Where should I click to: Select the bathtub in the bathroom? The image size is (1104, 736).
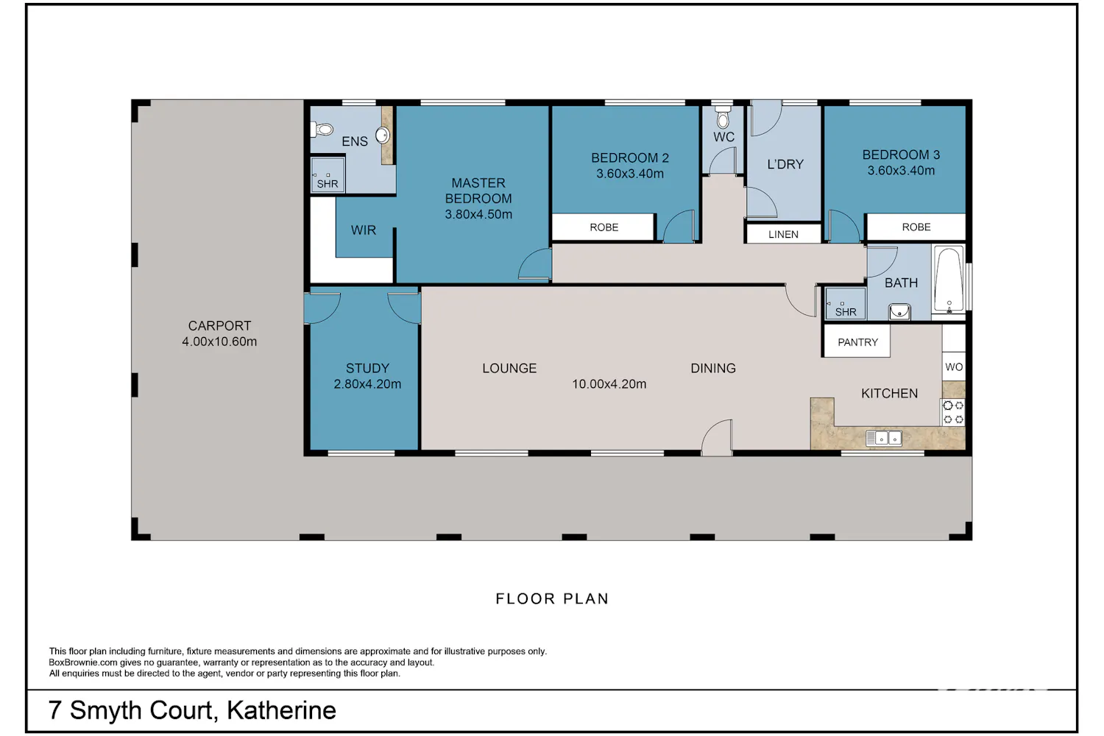click(949, 280)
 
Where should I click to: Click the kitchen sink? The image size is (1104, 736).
click(884, 438)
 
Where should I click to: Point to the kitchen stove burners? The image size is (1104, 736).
click(953, 413)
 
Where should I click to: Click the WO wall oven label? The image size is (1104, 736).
click(954, 367)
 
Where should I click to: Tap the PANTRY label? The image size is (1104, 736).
click(857, 342)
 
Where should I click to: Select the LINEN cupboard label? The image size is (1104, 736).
click(783, 234)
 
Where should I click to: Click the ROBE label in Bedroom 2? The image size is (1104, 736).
click(604, 227)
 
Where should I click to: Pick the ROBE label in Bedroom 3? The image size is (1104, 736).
click(916, 227)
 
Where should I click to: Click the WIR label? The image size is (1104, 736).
click(364, 230)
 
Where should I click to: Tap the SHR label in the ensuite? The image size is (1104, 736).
click(328, 184)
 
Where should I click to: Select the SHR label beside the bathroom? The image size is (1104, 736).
click(846, 311)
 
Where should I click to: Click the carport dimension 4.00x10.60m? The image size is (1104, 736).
click(219, 341)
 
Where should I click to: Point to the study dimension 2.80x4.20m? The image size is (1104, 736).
click(367, 383)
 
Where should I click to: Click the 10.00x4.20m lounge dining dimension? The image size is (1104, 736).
click(609, 383)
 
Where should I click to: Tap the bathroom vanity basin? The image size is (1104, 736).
click(899, 311)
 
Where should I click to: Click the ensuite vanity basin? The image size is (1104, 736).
click(383, 135)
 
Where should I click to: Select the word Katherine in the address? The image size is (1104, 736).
click(281, 710)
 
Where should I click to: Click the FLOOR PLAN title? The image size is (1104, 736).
click(552, 598)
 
